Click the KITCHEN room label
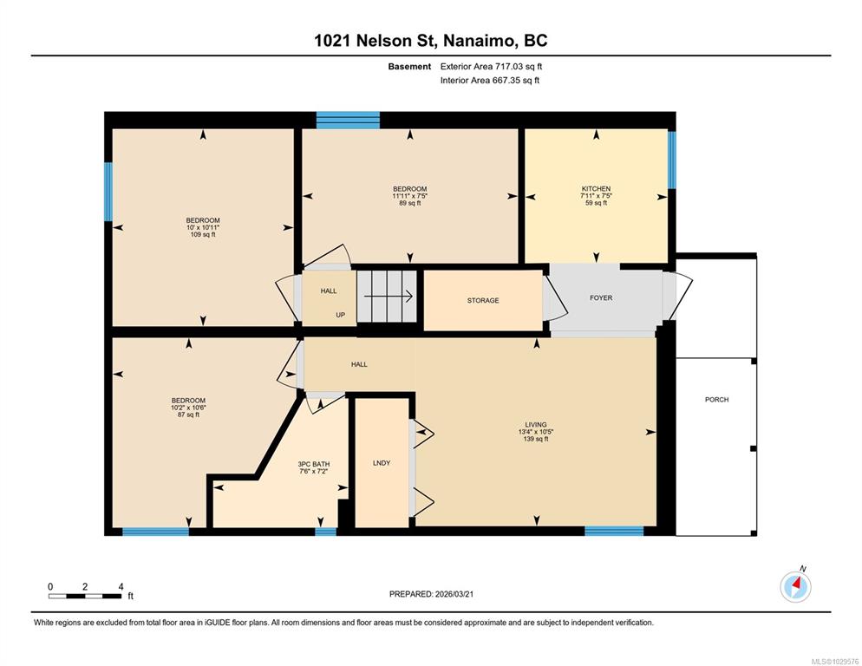click(x=597, y=189)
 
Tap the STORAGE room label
click(x=483, y=300)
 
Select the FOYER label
click(x=601, y=297)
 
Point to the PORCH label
click(x=717, y=399)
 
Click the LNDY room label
click(x=382, y=463)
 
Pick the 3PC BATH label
click(x=314, y=464)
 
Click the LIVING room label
click(x=536, y=425)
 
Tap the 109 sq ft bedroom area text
click(x=203, y=234)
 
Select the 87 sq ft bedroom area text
click(x=188, y=415)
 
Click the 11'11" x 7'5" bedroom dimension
click(x=410, y=196)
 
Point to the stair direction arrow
click(x=389, y=297)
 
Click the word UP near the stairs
click(x=341, y=315)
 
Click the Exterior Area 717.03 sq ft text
click(x=491, y=67)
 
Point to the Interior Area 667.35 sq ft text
click(x=490, y=81)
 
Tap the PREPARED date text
click(x=431, y=594)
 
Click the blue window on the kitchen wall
click(x=672, y=160)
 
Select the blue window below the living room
click(x=614, y=531)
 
